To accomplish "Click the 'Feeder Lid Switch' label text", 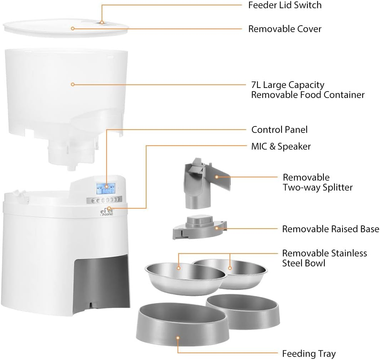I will (285, 5).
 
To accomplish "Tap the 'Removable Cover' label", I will (285, 29).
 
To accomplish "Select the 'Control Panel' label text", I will (279, 130).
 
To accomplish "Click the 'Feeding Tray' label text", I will (309, 354).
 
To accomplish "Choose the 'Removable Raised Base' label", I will (330, 229).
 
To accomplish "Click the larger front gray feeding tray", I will (181, 326).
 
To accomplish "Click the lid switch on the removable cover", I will (101, 22).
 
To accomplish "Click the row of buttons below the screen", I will (107, 200).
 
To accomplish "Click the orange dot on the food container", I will (72, 84).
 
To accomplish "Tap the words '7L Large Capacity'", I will (288, 85).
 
